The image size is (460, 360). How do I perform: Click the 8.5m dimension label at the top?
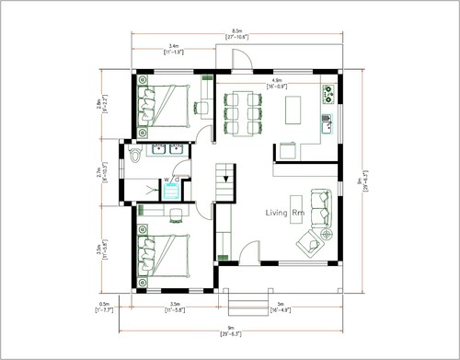[x=237, y=30]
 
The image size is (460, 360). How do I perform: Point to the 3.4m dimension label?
[x=174, y=45]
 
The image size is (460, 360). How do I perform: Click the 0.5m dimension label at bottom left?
[x=104, y=304]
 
